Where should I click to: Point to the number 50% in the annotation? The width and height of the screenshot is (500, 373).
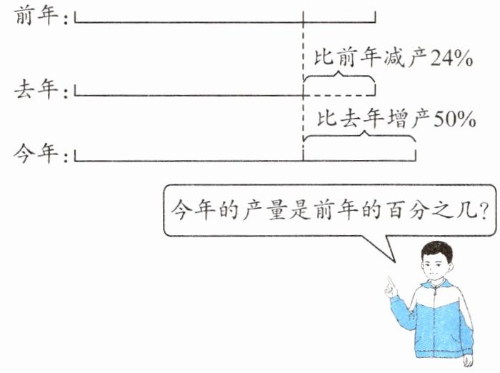click(453, 118)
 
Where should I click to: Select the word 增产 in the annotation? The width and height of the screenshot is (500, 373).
click(406, 118)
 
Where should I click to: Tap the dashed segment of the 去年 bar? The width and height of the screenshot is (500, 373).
click(339, 95)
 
